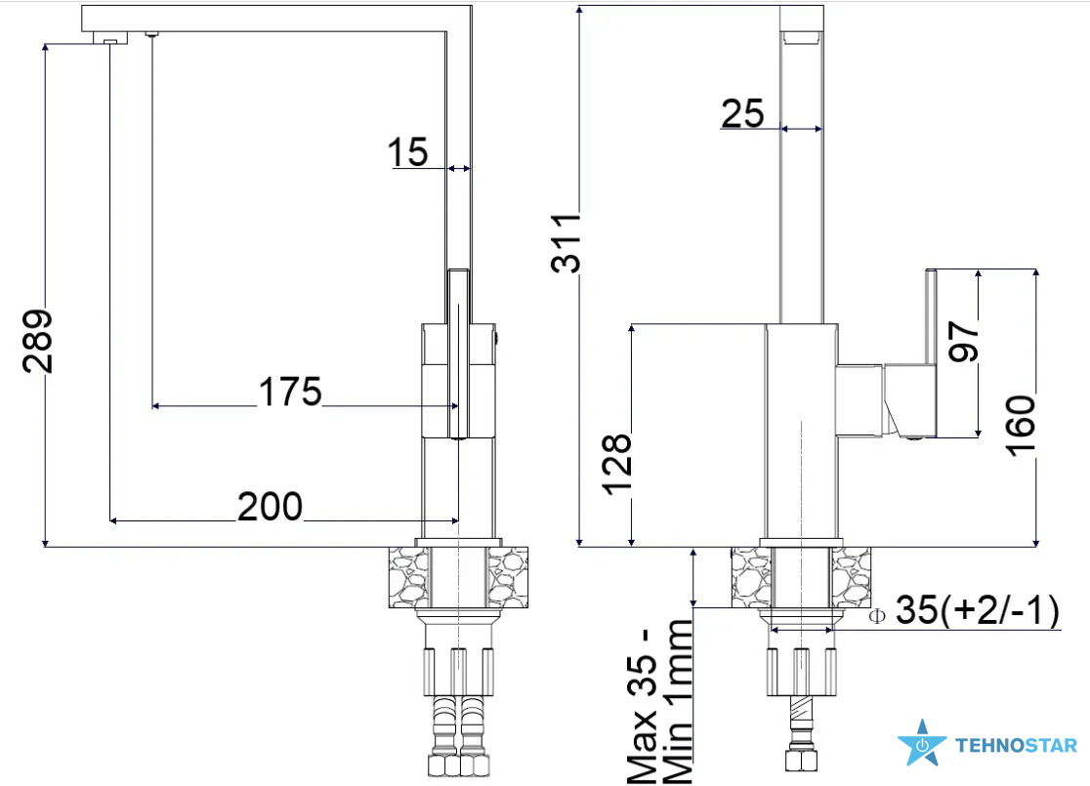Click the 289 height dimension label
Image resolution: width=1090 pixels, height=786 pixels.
[x=37, y=341]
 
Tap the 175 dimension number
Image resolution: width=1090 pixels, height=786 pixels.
[x=290, y=392]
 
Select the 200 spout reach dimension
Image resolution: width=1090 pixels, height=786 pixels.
[x=270, y=507]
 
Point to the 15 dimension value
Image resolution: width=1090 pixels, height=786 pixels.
[x=407, y=152]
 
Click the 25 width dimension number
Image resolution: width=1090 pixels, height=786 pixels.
[x=742, y=114]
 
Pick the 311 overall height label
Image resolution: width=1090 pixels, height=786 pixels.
[x=566, y=242]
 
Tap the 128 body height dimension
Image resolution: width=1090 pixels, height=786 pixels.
[x=617, y=464]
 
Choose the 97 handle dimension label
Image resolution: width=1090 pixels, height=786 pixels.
[x=964, y=341]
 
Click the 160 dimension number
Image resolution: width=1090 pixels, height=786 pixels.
[x=1022, y=426]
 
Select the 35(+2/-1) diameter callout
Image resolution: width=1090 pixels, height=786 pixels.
[x=978, y=610]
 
